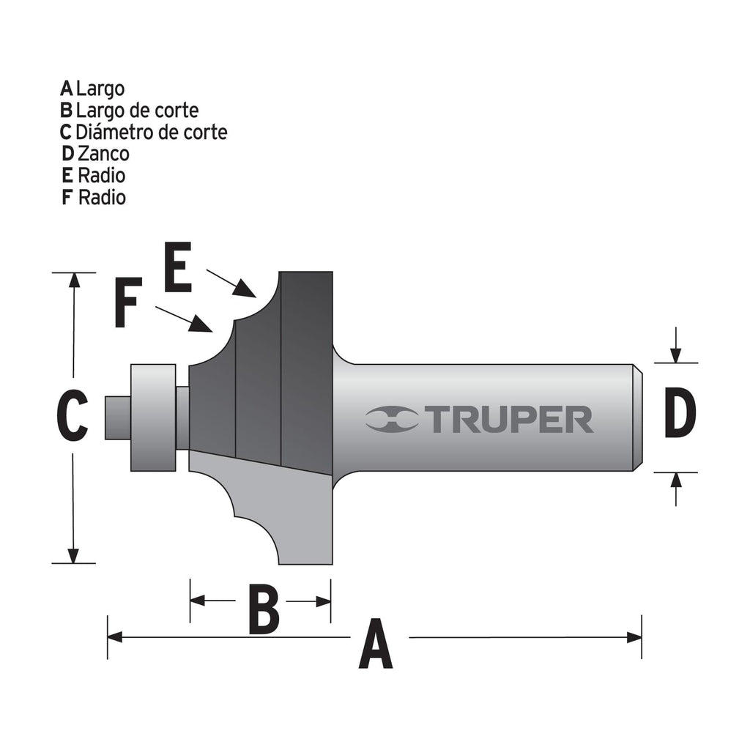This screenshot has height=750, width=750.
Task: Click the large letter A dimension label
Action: point(376,643)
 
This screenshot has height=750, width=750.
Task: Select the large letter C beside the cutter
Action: point(73,415)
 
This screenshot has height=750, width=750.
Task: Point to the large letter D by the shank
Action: point(680,413)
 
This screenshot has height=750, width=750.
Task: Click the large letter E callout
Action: point(178,267)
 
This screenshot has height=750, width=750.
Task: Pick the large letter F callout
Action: point(127,302)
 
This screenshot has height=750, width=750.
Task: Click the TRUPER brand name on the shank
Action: point(510,420)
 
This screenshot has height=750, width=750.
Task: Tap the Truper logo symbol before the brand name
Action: point(393,420)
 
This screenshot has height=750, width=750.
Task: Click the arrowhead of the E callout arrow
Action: point(245,289)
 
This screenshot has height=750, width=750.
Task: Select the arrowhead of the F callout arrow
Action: point(201,324)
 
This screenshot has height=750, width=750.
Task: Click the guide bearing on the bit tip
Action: point(153,417)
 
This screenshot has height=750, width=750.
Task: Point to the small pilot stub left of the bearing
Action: point(118,417)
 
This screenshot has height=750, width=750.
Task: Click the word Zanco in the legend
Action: point(103,154)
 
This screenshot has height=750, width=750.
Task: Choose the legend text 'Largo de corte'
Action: point(137,111)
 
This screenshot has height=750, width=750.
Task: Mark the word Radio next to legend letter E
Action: point(101,176)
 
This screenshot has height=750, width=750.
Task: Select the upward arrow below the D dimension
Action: point(676,489)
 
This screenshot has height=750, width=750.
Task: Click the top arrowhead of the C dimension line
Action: point(74,281)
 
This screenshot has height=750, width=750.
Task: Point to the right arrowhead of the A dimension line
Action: point(634,638)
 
